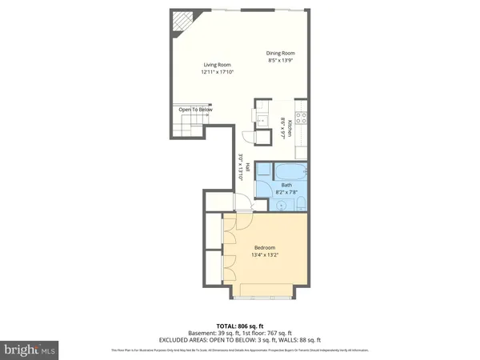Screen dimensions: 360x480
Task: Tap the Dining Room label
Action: click(281, 53)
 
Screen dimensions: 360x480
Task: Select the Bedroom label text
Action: click(265, 247)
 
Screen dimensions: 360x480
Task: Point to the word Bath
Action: click(286, 185)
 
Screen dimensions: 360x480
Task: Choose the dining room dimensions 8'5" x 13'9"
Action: click(281, 61)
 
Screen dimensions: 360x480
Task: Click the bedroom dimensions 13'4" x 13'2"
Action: click(265, 255)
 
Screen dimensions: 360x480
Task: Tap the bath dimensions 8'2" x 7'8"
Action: click(286, 192)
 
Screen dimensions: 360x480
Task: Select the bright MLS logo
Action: click(30, 350)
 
